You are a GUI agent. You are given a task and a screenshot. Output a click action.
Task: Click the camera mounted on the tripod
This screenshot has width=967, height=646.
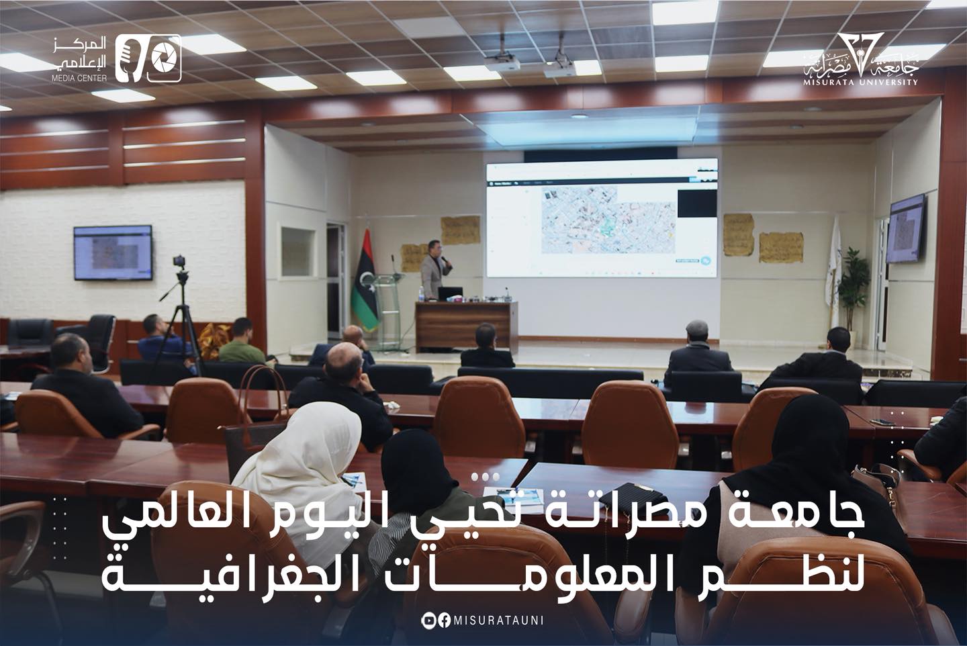pos(179,262)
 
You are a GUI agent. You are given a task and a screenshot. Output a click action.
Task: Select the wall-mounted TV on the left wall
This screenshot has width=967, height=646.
pos(113,252)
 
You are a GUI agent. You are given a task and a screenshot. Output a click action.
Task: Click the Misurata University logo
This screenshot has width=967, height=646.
pos(862,61)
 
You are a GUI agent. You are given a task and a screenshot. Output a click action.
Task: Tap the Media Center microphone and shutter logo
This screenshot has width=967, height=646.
pos(148,59)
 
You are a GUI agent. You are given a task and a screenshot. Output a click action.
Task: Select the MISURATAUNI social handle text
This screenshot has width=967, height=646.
pos(498,621)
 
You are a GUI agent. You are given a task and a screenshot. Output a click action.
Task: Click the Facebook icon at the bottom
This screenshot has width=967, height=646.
pos(444,621)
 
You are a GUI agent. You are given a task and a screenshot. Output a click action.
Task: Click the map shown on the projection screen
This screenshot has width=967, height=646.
pos(608,219)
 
